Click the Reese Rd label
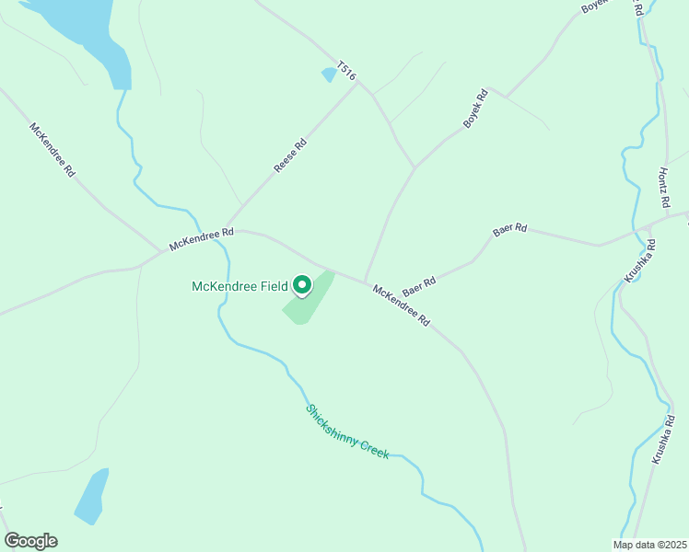(290, 156)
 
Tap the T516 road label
(346, 71)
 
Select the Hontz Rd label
(661, 187)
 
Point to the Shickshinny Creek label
(348, 431)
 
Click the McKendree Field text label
(240, 286)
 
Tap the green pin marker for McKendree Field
(302, 287)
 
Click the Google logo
(30, 541)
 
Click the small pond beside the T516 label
(329, 75)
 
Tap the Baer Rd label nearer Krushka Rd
(509, 229)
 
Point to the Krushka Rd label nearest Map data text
(661, 439)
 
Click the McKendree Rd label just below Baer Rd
(402, 305)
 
